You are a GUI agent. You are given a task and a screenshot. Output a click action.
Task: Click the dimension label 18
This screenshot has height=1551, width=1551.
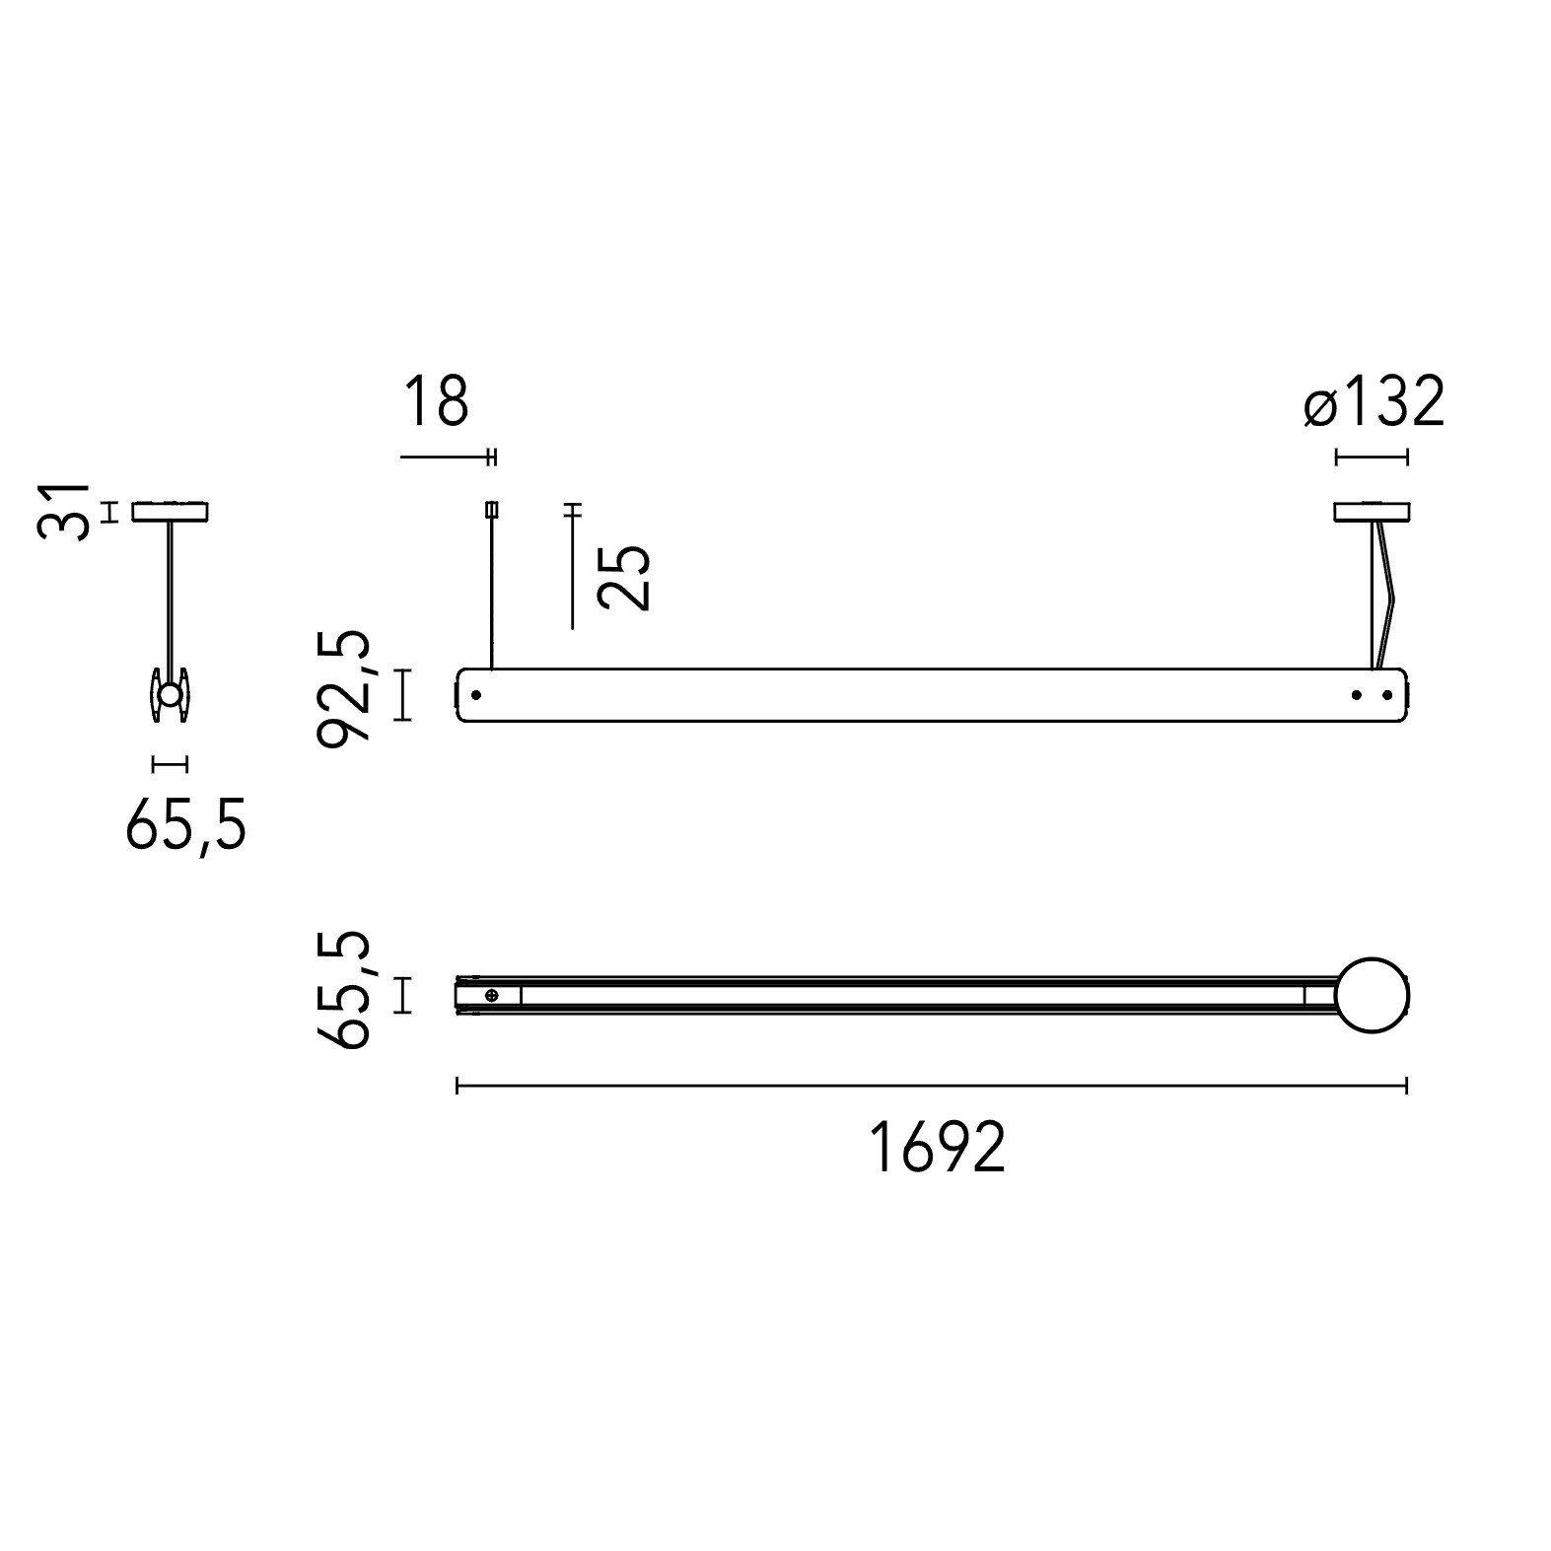click(x=436, y=399)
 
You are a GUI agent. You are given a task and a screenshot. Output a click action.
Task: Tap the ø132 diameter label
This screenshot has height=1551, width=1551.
click(x=1374, y=401)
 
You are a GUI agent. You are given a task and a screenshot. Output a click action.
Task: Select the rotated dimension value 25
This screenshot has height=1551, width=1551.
click(x=625, y=577)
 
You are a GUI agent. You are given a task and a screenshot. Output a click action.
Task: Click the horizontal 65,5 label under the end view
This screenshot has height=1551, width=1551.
click(x=185, y=825)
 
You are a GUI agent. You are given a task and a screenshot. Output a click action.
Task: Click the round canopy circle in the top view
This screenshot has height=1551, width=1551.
click(x=1373, y=995)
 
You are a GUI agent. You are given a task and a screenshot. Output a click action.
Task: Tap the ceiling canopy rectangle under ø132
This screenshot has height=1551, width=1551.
click(x=1372, y=512)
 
